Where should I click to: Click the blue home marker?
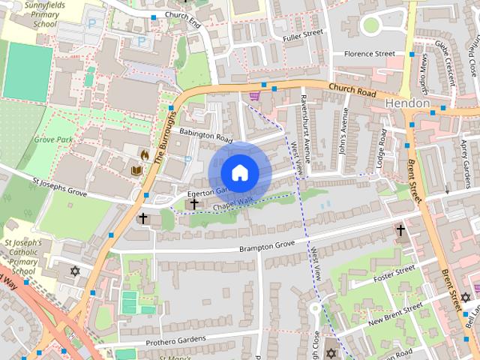coord(239,172)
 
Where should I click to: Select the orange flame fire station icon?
coord(144,154)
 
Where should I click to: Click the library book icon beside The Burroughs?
coord(136,171)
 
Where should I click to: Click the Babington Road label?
coord(206,135)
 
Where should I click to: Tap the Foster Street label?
coord(394,275)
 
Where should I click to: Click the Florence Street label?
coord(369,54)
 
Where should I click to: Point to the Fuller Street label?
coord(302,34)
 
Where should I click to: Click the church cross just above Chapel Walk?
coord(194,202)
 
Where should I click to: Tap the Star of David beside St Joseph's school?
coord(74,271)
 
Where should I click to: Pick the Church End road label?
coord(182,16)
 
